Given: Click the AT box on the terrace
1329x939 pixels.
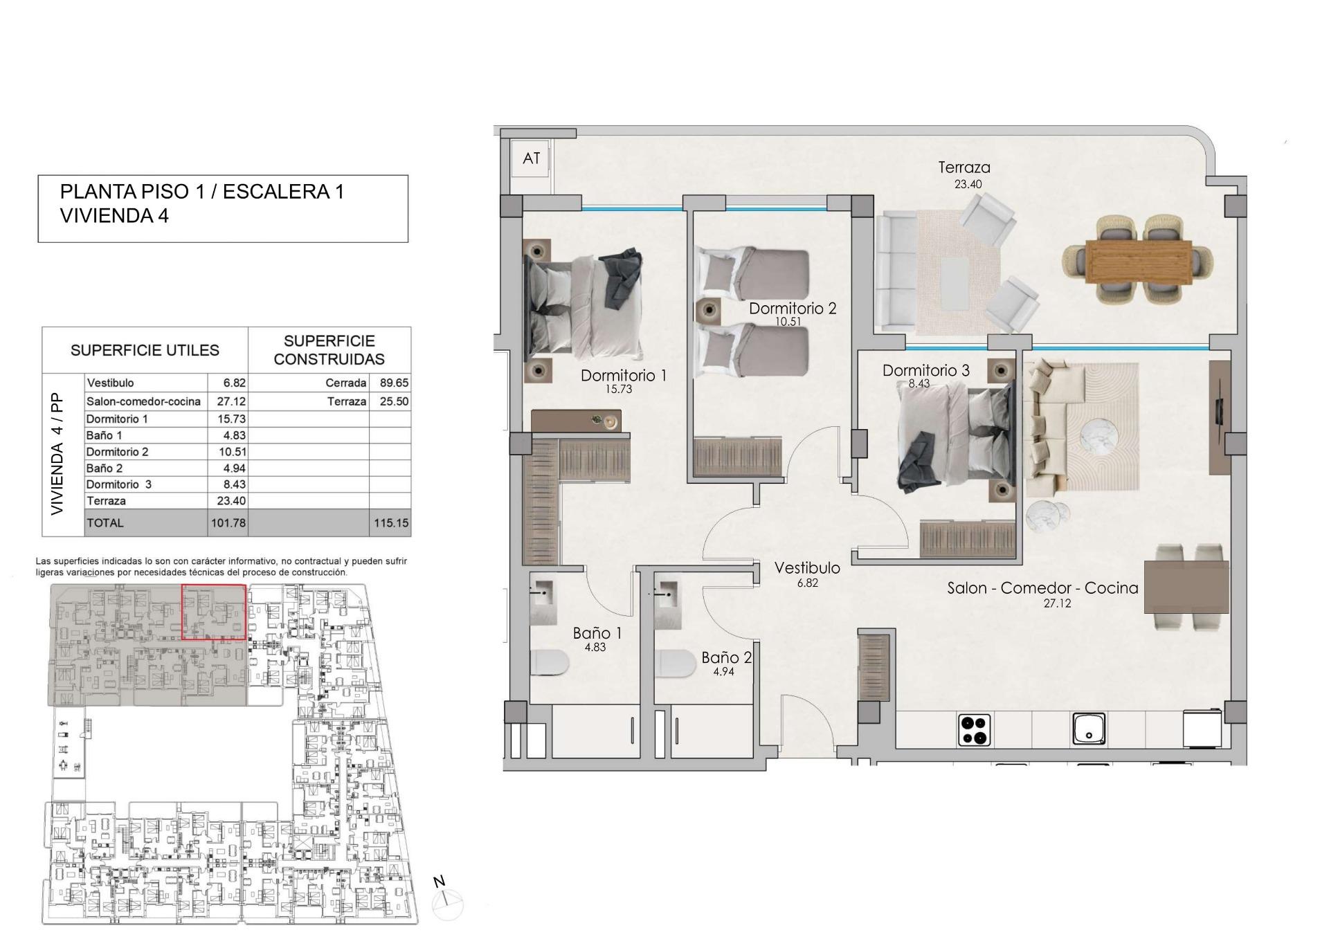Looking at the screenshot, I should tap(531, 158).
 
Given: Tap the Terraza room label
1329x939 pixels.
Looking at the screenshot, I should tap(964, 167).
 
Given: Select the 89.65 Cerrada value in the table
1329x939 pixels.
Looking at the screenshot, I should tap(391, 383).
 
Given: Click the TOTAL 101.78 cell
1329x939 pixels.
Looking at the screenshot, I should tap(228, 523).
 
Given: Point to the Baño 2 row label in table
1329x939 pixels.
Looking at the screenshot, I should tap(105, 468).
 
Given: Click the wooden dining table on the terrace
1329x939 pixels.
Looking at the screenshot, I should tap(1139, 261).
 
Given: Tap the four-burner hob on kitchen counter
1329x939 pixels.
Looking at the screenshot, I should tap(975, 730).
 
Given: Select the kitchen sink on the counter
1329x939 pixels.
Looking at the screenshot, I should tap(1088, 729).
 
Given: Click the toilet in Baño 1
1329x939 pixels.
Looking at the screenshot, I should tap(549, 663).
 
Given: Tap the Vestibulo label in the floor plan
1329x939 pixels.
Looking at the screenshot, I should tap(807, 568).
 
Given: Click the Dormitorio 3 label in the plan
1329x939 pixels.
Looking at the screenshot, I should tap(925, 371).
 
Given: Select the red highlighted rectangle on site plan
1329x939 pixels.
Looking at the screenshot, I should tap(213, 612).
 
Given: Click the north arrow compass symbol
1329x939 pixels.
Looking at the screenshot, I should tap(446, 901).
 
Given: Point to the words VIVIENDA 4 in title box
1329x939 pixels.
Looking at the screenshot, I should tap(114, 216).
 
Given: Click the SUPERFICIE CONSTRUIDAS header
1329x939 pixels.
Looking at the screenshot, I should tap(329, 350).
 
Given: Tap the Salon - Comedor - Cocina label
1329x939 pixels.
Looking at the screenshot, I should tap(1042, 588).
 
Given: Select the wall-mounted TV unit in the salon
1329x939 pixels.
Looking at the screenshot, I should tap(1219, 417).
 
